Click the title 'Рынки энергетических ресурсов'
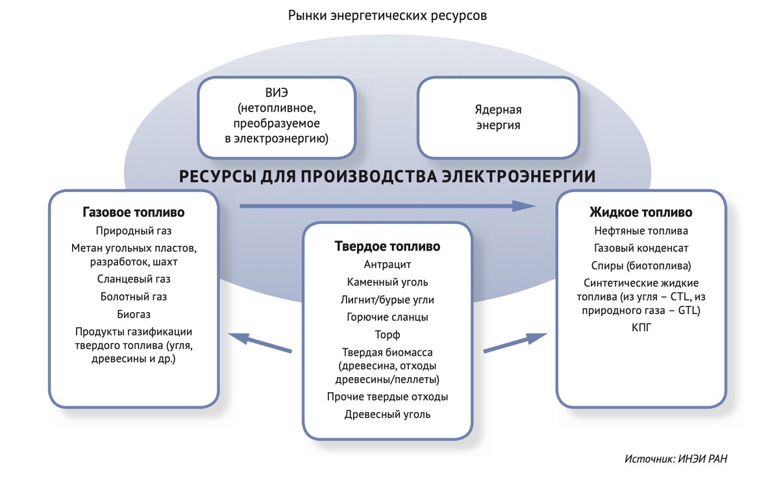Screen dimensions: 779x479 388,16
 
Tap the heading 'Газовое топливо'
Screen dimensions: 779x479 134,212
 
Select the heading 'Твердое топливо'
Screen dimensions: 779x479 388,246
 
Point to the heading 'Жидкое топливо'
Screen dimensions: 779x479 641,212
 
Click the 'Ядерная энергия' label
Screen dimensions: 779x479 499,117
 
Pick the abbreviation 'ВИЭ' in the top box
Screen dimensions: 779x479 277,93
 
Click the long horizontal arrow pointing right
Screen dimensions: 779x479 388,206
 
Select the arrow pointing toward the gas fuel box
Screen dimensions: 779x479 260,343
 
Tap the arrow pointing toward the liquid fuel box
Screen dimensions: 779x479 515,343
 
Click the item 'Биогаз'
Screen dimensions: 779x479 134,314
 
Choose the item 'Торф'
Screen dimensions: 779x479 388,335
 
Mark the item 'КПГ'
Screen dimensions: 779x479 641,327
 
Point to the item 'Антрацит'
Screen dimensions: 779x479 388,265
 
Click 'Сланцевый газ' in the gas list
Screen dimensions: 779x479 134,279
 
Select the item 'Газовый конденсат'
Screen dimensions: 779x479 641,248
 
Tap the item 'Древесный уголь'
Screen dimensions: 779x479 388,414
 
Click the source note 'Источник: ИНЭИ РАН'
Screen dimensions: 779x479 676,459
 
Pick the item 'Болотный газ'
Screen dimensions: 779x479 134,297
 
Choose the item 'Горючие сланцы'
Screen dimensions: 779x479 388,317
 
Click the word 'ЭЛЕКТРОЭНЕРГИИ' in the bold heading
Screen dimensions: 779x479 519,177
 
